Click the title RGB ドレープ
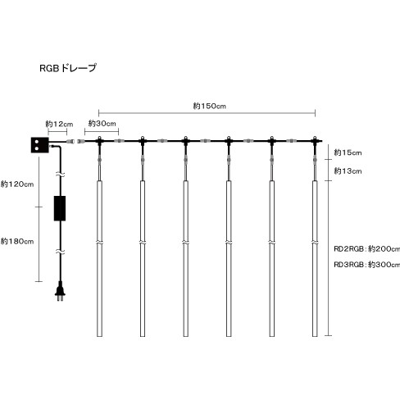[68, 68]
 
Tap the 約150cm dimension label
[210, 106]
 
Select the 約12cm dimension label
[59, 124]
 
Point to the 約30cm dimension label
[102, 124]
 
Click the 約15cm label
[348, 152]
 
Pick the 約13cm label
[348, 171]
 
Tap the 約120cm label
[17, 184]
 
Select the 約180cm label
[17, 241]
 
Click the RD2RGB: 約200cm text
[366, 249]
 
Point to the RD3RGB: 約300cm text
[366, 265]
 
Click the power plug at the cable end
[60, 292]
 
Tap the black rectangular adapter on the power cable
[60, 208]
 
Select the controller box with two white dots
[40, 145]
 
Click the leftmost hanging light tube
[100, 258]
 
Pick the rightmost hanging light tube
[315, 258]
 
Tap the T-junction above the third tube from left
[186, 141]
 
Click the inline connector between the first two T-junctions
[119, 141]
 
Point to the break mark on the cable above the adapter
[60, 175]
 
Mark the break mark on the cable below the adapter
[60, 251]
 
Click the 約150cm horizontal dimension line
[207, 112]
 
